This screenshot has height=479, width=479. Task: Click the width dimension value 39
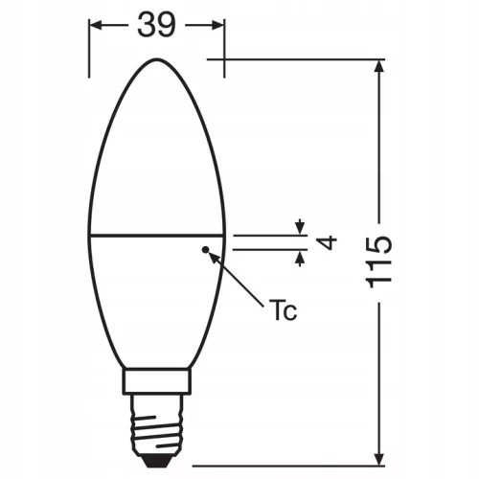pos(156,26)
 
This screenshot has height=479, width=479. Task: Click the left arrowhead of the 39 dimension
pos(96,27)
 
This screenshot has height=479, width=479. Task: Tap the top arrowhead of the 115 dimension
pos(381,70)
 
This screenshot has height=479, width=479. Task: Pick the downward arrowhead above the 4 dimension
pos(300,227)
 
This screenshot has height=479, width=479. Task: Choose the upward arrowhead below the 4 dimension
pos(300,257)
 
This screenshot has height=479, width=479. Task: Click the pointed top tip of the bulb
pos(157,59)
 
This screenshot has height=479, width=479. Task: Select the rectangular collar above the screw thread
pos(157,383)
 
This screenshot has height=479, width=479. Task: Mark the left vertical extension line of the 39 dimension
pos(90,43)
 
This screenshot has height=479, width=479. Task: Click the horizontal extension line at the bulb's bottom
pos(287,457)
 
